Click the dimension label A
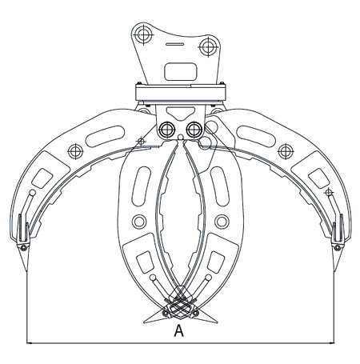coord(179,330)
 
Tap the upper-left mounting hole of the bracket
coord(143,34)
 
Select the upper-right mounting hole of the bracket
coord(208,47)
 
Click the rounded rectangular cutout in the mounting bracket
coord(181,71)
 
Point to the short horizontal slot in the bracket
coord(174,44)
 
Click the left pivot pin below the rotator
coord(166,130)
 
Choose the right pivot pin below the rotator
coord(194,130)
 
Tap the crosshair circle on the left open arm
coord(75,151)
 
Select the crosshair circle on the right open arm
coord(286,151)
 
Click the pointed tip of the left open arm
coord(26,271)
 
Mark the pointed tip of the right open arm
coord(334,271)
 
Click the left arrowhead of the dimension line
coord(30,343)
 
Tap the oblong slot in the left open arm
coord(106,136)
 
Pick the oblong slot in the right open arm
coord(256,136)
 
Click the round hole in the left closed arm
coord(139,222)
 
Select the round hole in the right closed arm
coord(222,222)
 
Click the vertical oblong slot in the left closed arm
coord(142,186)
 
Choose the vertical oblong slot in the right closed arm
coord(220,186)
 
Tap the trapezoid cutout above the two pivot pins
coord(181,113)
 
